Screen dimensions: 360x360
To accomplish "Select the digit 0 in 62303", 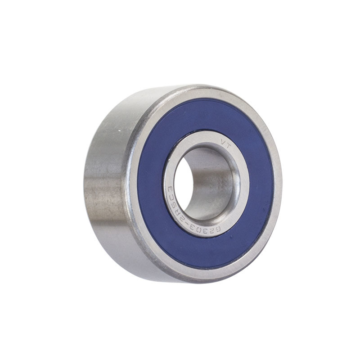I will pyautogui.click(x=204, y=229).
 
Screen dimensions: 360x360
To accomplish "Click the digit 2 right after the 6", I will pyautogui.click(x=213, y=231).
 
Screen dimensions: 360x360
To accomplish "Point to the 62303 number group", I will pyautogui.click(x=208, y=230).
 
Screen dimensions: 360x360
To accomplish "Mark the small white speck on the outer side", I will pyautogui.click(x=119, y=130).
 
